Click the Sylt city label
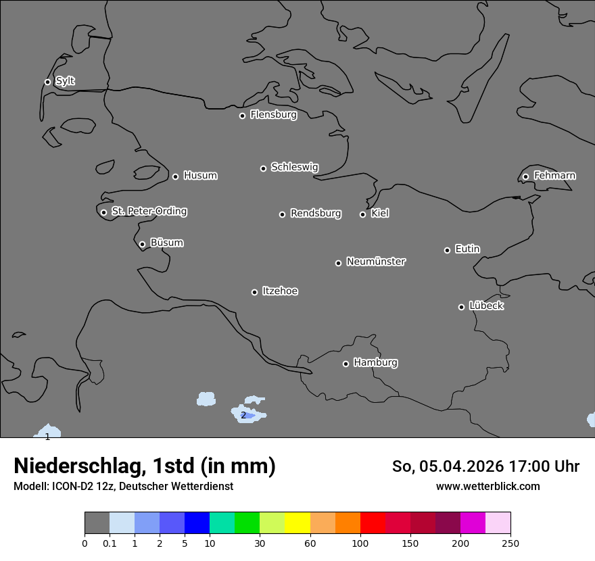pos(65,81)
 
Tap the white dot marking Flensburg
pos(242,116)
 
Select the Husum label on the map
pos(200,176)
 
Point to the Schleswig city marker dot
pos(264,168)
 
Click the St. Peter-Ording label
pos(149,212)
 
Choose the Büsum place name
pos(166,243)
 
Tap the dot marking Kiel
pos(362,214)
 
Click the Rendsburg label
pos(316,214)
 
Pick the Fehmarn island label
pos(554,176)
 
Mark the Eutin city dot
pos(447,250)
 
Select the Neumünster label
pos(376,262)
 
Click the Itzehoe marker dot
pos(254,292)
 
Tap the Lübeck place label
pos(486,306)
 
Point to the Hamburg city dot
pos(346,364)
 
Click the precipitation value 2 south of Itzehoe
pos(243,415)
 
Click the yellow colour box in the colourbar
pos(297,523)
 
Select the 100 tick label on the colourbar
pos(360,543)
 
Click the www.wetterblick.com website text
pos(487,486)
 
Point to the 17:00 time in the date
pos(526,466)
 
